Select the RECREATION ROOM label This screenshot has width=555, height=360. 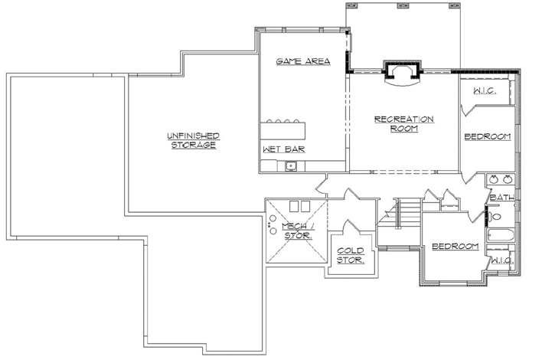(x=403, y=123)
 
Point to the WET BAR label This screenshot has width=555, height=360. (x=283, y=149)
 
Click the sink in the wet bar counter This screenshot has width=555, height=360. (x=290, y=165)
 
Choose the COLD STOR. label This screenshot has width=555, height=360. (x=351, y=255)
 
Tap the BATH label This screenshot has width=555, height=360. (x=501, y=198)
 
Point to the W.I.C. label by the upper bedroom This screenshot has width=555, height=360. (x=484, y=91)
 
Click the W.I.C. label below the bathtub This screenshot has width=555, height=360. (x=501, y=260)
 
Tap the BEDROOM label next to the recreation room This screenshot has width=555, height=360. (x=487, y=136)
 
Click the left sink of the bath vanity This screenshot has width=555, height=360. (x=494, y=180)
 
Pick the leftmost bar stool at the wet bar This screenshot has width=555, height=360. (x=269, y=121)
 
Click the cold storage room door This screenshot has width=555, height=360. (x=349, y=227)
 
